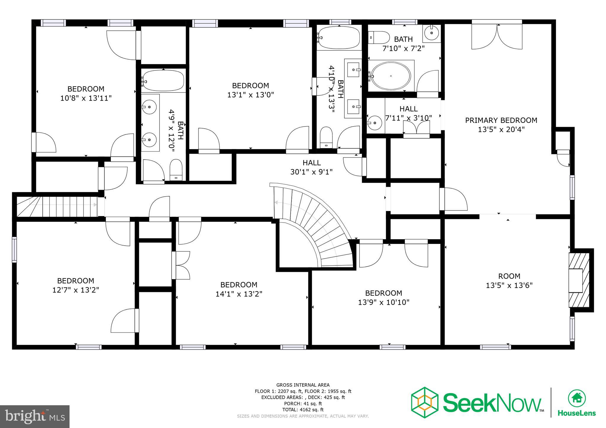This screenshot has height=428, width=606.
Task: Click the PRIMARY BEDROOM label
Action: point(501,120)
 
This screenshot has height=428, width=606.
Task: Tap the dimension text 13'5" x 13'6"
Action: point(509,286)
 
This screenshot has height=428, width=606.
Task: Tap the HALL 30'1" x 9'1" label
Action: point(311,167)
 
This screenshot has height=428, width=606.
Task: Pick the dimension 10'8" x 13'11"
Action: point(86,98)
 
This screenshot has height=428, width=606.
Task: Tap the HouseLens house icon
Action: point(576,398)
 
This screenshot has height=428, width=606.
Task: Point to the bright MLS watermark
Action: point(35,416)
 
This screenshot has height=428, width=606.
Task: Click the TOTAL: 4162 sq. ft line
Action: point(303,410)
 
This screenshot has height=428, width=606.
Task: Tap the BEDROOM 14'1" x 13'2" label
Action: point(239,289)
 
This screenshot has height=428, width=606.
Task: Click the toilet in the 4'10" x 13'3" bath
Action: point(326,138)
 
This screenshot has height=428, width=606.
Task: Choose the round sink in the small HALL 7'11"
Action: point(375,121)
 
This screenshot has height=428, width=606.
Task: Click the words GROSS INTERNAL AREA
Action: point(303,385)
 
